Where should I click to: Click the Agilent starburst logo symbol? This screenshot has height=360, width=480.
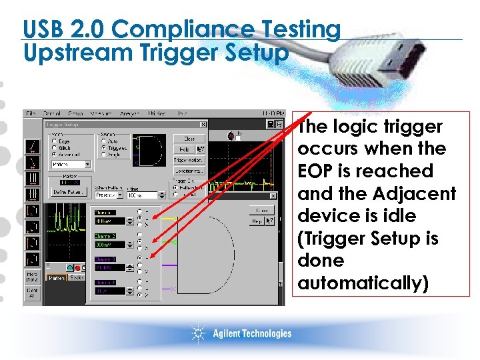point(199,333)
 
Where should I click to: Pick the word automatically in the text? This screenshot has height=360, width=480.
point(363,283)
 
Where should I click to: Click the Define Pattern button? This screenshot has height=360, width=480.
point(67,192)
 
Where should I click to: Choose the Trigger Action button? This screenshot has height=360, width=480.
point(188,160)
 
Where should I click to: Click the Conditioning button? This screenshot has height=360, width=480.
point(188,171)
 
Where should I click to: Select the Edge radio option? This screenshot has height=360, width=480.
point(54,141)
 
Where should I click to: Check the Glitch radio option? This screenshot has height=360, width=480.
point(54,147)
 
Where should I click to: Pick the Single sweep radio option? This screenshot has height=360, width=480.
point(103,154)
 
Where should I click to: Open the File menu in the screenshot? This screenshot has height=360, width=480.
point(31,114)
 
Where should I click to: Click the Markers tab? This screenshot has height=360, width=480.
point(56,277)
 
